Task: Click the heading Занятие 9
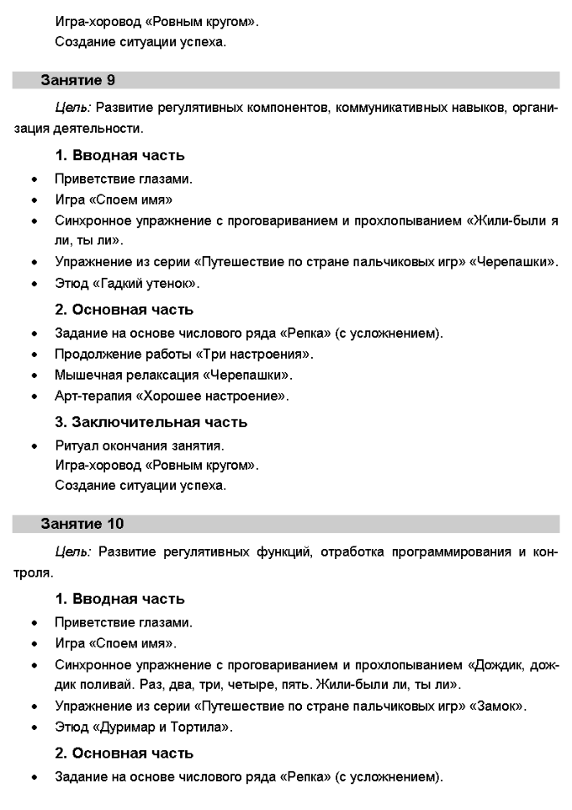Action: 78,81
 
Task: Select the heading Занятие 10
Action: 82,524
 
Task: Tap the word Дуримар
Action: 125,727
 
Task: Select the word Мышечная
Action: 85,375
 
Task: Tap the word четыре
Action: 287,685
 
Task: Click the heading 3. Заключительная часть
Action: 151,422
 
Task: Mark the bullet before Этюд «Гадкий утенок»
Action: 34,284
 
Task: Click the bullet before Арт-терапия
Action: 34,396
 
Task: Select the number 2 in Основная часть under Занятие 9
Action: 61,310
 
